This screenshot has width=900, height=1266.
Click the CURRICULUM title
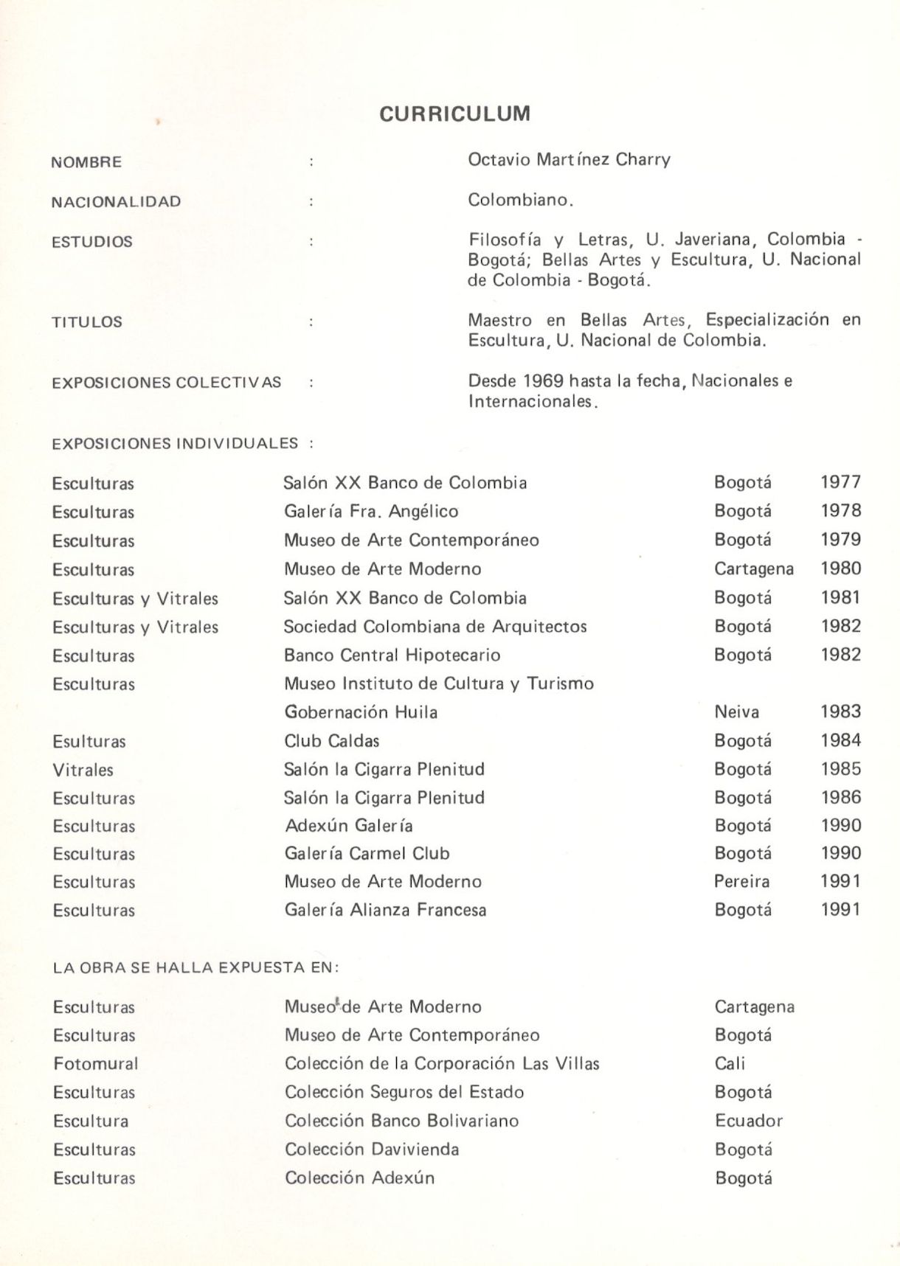454,114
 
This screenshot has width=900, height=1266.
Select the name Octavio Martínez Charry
569,159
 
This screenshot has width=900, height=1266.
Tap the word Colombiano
520,200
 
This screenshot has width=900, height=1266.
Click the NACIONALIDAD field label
116,201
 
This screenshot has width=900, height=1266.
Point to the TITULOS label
86,321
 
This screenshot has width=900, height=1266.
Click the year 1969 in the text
543,380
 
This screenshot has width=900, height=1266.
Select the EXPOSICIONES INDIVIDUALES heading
175,443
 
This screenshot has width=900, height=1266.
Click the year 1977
840,482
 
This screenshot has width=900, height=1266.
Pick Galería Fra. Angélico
371,511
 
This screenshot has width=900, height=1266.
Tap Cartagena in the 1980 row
753,568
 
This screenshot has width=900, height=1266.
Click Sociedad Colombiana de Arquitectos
435,626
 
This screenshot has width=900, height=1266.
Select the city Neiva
736,712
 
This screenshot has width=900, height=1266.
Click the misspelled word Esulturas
89,741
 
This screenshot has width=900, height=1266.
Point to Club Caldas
332,740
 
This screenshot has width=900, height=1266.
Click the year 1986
840,797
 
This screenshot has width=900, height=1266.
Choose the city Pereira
741,881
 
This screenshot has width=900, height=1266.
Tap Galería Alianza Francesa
385,910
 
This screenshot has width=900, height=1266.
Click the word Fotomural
96,1063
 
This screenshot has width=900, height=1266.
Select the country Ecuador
748,1121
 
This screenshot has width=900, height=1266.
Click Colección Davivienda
372,1149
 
